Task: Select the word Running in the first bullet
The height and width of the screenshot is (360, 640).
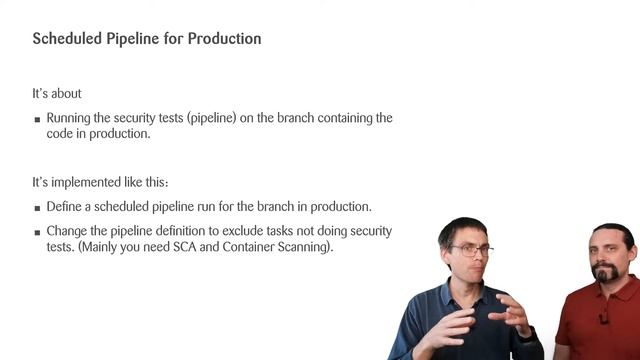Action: point(70,118)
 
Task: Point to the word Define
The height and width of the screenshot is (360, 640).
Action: point(64,207)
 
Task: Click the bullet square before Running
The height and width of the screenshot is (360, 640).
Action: point(37,119)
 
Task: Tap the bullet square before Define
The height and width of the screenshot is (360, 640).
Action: point(37,208)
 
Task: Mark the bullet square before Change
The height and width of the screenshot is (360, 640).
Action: point(37,232)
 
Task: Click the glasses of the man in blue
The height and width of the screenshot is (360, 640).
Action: point(471,250)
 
